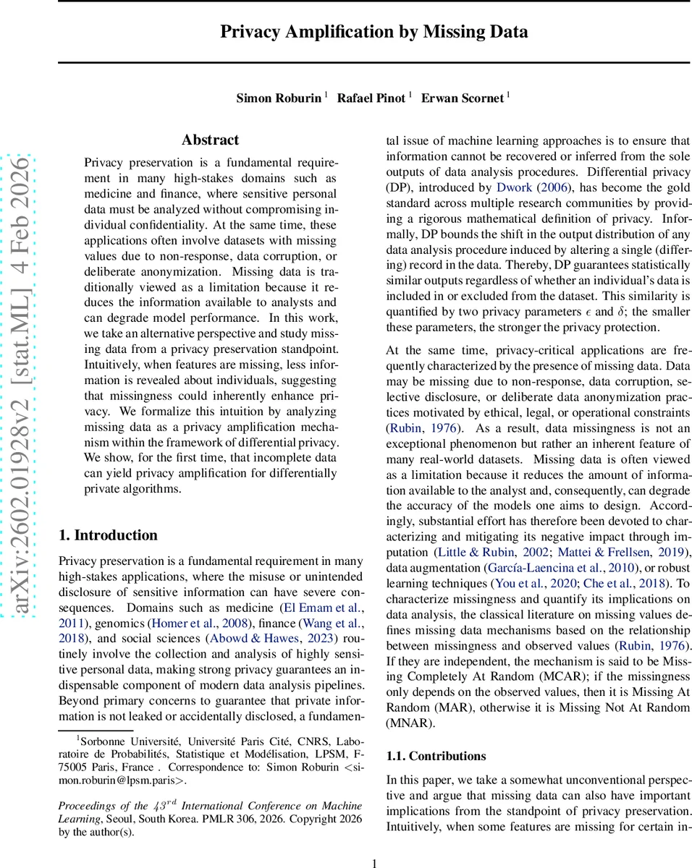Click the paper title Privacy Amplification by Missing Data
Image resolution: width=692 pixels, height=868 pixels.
pyautogui.click(x=374, y=32)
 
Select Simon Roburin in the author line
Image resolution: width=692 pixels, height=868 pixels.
pyautogui.click(x=278, y=98)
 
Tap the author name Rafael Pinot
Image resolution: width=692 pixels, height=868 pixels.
pyautogui.click(x=371, y=98)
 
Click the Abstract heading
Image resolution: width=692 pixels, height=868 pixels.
pyautogui.click(x=210, y=140)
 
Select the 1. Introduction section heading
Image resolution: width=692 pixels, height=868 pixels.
pyautogui.click(x=108, y=535)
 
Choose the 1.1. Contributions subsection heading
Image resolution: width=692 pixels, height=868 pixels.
pyautogui.click(x=436, y=756)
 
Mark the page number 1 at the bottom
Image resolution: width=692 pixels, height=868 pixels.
pyautogui.click(x=374, y=863)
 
